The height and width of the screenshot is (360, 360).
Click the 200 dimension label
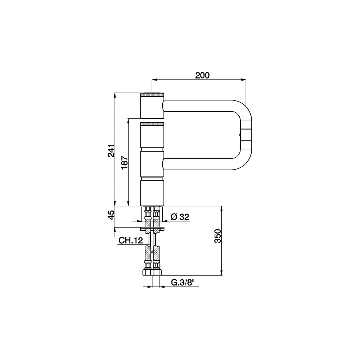point(202,75)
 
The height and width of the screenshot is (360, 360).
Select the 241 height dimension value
point(111,150)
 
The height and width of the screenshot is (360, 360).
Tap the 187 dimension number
point(125,163)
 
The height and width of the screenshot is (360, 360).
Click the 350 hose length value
point(217,236)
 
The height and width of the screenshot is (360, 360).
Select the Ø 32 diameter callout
point(180,216)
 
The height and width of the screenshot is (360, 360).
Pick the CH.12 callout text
point(131,240)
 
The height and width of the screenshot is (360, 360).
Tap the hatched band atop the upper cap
point(152,95)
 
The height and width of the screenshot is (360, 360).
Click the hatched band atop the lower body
point(152,124)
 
